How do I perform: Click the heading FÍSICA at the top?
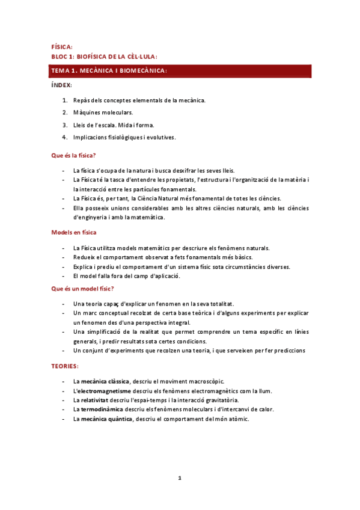(62, 47)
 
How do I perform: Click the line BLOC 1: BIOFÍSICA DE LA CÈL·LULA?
(104, 57)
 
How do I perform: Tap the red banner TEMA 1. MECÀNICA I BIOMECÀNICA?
(181, 71)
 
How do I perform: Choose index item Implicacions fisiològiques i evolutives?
(124, 137)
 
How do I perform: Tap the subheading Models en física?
(74, 232)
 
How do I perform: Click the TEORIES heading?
(66, 366)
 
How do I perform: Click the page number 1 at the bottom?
(179, 478)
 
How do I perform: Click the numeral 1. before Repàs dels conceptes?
(64, 100)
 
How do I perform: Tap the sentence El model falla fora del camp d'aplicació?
(126, 276)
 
